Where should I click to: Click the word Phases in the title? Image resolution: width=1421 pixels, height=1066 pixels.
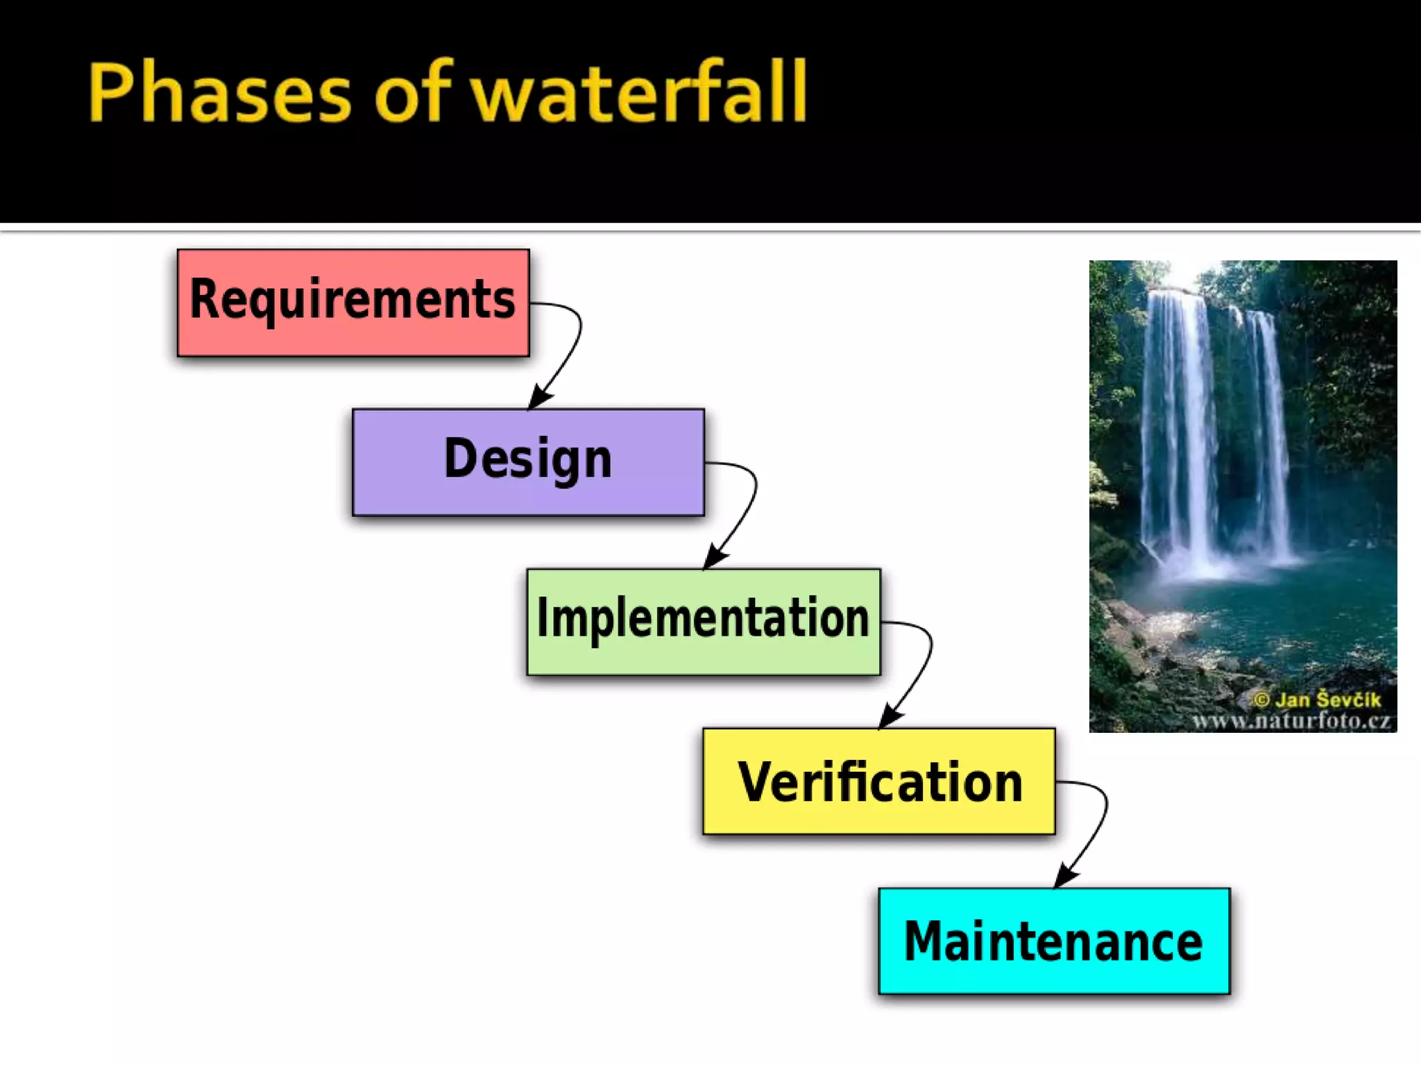click(219, 93)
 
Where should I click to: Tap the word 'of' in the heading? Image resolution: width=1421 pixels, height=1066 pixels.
click(413, 93)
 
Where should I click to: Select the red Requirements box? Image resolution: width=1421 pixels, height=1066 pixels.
click(353, 303)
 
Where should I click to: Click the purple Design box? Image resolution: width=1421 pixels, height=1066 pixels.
click(528, 462)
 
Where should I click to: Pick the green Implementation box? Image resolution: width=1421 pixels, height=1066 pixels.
click(703, 621)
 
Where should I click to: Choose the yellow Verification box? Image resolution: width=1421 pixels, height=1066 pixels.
click(878, 781)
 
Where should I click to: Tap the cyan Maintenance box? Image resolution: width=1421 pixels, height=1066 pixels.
click(1053, 940)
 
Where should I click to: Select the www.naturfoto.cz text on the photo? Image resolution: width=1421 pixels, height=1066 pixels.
click(1291, 721)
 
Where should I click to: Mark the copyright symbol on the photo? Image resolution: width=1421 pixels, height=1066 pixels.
click(1262, 700)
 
